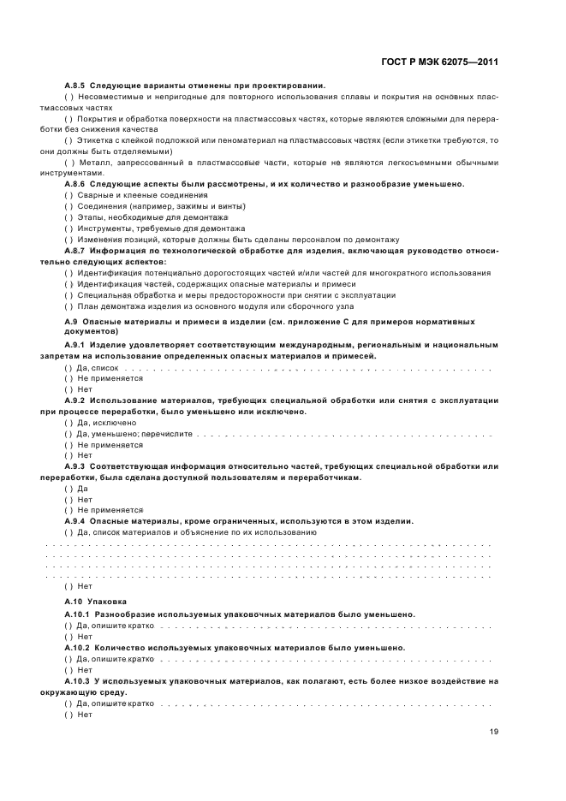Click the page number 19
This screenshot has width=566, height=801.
tap(494, 731)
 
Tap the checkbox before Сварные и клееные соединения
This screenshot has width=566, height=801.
tap(69, 195)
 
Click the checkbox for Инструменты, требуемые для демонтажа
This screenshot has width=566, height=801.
tap(69, 228)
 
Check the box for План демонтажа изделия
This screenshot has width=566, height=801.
tap(69, 306)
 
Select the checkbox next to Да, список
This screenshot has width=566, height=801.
tap(69, 366)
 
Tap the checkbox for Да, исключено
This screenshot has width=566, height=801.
tap(69, 423)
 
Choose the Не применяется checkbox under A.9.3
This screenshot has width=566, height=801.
tap(69, 509)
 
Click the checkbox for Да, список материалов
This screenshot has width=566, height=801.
tap(69, 531)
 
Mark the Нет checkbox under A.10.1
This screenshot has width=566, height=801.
tap(69, 636)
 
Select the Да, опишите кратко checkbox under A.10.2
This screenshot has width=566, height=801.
tap(69, 659)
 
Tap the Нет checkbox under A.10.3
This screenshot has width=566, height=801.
tap(69, 714)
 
